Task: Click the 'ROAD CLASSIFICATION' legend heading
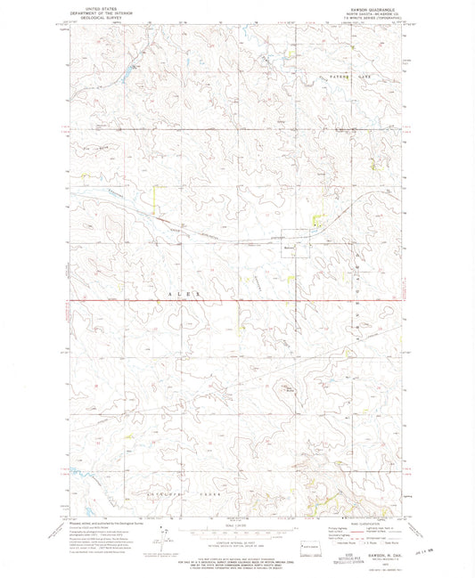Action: (x=352, y=524)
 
